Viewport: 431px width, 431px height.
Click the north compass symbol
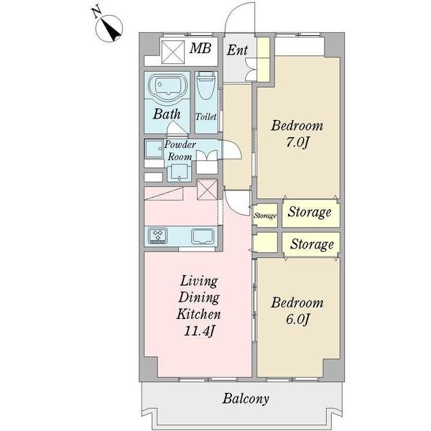[x=109, y=29]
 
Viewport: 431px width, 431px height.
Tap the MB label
[x=200, y=49]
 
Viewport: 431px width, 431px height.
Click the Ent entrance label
[x=238, y=50]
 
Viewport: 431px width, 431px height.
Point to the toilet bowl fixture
[x=206, y=85]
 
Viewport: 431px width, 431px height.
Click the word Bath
[x=167, y=113]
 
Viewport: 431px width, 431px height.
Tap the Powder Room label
[x=180, y=150]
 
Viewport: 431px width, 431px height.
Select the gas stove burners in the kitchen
[x=158, y=236]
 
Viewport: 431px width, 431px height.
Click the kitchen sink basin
[x=203, y=236]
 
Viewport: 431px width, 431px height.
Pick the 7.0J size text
[x=297, y=142]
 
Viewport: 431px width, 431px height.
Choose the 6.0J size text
[x=297, y=319]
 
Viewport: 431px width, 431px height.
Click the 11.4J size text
[x=198, y=331]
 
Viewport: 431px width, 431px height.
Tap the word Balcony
[x=246, y=399]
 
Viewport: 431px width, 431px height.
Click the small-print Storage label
[x=265, y=215]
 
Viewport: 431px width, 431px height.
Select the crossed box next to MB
[x=173, y=52]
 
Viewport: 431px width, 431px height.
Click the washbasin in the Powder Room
[x=179, y=172]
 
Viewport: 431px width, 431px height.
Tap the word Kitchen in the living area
[x=198, y=314]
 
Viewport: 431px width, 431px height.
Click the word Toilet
[x=206, y=117]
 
